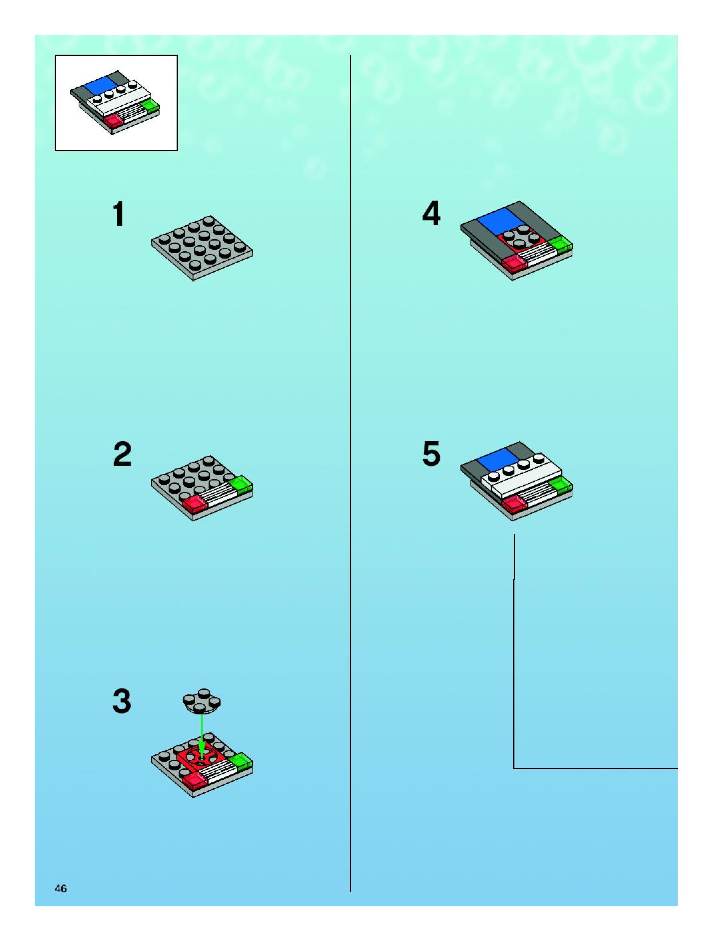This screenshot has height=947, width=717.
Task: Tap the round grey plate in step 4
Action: pyautogui.click(x=521, y=238)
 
